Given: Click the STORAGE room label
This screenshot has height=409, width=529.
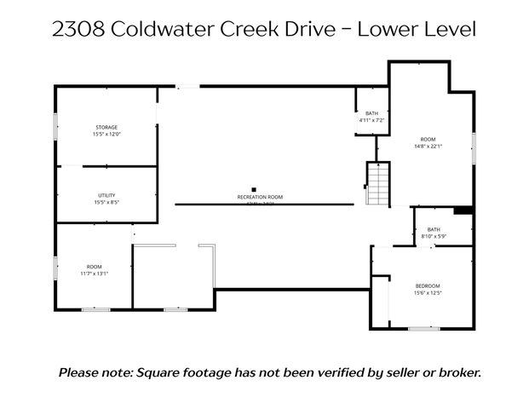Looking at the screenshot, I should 106,127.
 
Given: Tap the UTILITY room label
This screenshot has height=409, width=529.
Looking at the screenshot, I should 106,196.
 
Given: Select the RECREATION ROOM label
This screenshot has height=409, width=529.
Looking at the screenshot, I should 260,197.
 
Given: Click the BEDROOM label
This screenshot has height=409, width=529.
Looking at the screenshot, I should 428,285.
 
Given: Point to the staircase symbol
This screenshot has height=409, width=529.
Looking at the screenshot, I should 377,183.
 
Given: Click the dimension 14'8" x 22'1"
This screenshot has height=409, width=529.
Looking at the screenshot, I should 428,146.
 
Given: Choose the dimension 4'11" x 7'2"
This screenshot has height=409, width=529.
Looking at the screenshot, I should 371,120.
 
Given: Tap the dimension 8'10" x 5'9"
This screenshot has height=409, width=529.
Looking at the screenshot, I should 434,236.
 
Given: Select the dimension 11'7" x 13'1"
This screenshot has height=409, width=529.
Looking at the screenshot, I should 95,274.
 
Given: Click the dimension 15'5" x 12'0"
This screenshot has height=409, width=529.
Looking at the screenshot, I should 106,134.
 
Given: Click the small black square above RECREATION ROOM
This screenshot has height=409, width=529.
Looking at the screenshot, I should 253,189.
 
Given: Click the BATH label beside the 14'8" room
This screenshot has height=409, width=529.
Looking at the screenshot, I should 371,113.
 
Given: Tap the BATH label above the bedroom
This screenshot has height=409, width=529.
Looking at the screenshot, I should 434,229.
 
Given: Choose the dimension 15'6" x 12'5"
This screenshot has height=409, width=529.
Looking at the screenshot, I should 428,293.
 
